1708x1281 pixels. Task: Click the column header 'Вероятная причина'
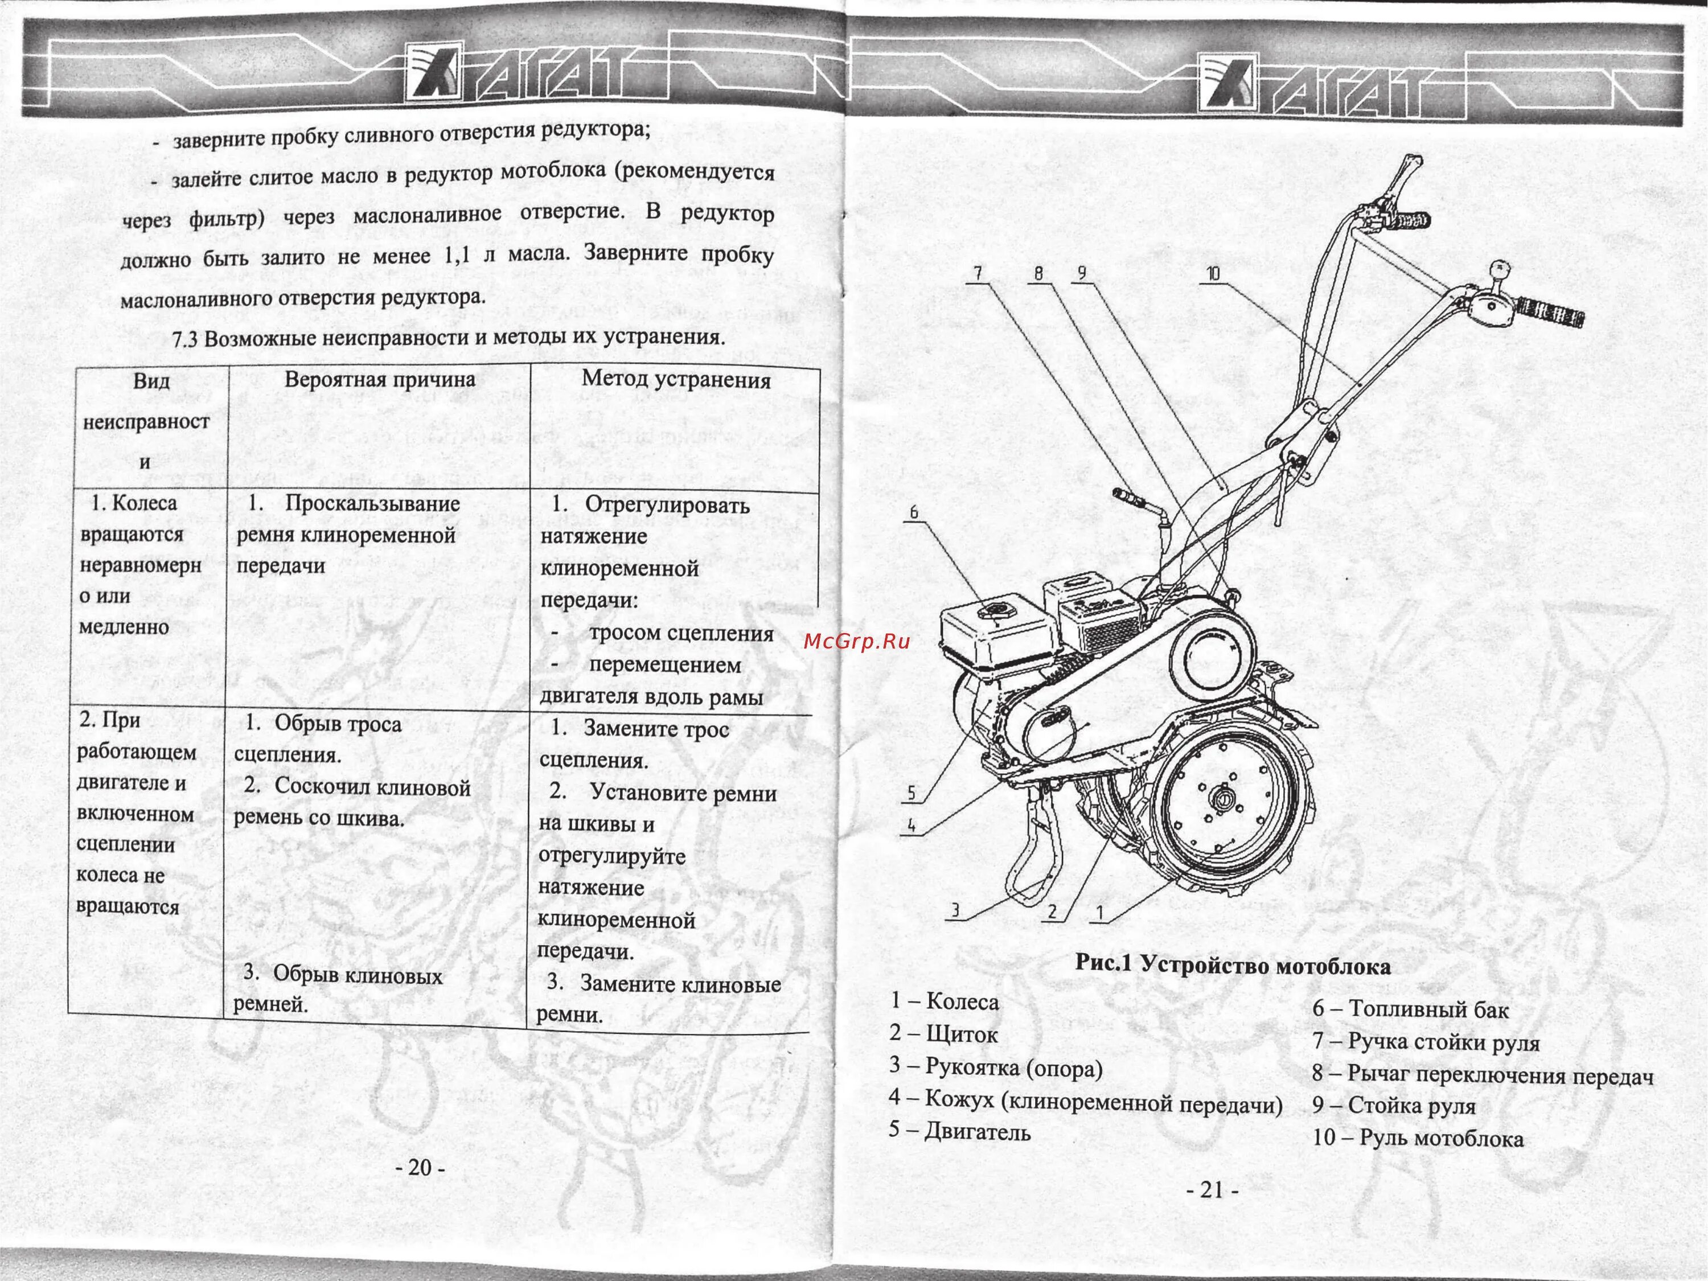(379, 379)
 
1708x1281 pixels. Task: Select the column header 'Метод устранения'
(676, 379)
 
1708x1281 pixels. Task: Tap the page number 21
(1212, 1190)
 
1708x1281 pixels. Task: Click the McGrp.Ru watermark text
(857, 641)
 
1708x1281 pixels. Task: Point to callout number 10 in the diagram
(1213, 274)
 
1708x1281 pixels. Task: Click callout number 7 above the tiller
(978, 273)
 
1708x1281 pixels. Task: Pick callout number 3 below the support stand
(955, 911)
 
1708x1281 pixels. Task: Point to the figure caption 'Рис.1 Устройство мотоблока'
(1233, 966)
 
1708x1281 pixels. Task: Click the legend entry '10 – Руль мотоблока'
(1418, 1138)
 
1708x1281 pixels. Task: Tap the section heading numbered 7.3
(448, 338)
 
